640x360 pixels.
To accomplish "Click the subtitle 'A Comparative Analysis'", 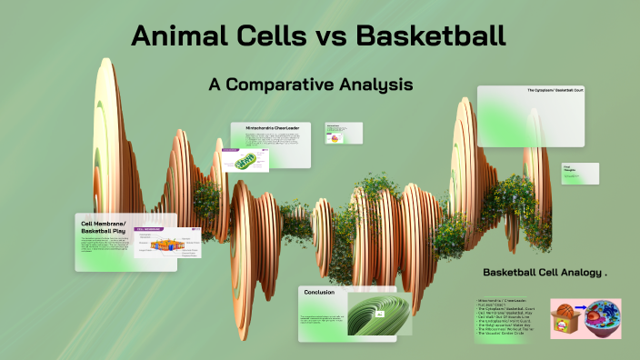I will pyautogui.click(x=311, y=84).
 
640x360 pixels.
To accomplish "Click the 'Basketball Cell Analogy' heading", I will pyautogui.click(x=544, y=273).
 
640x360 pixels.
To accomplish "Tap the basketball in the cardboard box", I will pyautogui.click(x=565, y=311).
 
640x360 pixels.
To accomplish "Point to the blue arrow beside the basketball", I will pyautogui.click(x=581, y=318).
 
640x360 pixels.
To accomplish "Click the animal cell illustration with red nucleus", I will pyautogui.click(x=603, y=318).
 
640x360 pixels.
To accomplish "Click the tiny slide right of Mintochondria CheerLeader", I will pyautogui.click(x=345, y=134).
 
